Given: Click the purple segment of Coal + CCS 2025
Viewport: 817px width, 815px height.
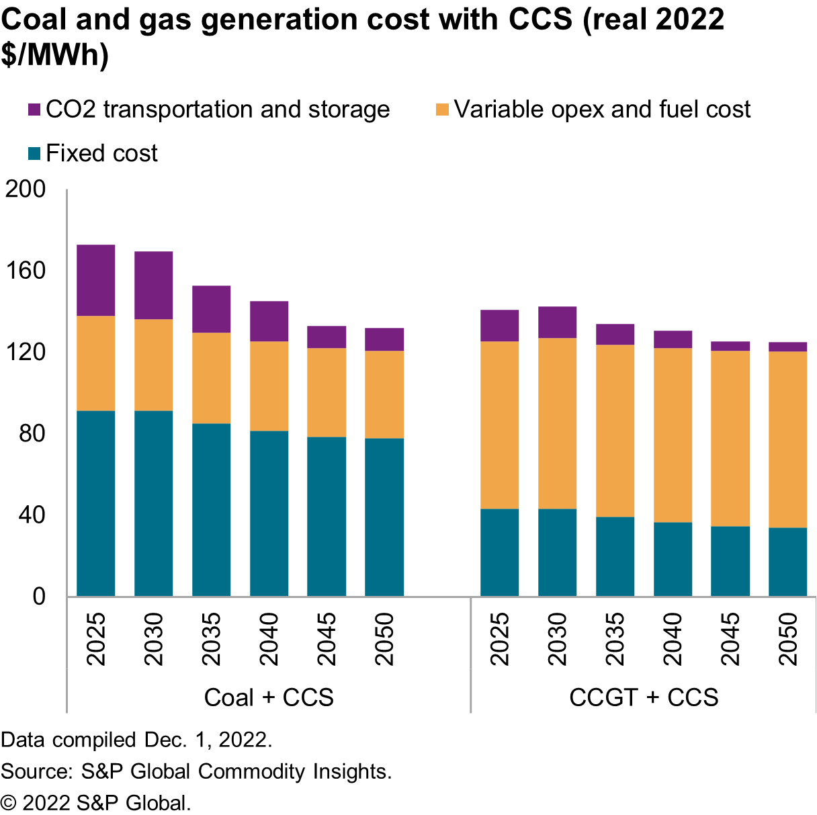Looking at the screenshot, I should [95, 280].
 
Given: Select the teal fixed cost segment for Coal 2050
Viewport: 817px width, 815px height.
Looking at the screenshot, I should [384, 517].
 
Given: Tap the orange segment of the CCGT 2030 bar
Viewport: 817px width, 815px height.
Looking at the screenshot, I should [557, 423].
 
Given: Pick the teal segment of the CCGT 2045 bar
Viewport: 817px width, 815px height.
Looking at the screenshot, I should [730, 561].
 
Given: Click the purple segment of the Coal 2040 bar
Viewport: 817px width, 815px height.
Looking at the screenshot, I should [269, 321].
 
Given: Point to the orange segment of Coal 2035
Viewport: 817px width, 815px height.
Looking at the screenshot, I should [211, 378].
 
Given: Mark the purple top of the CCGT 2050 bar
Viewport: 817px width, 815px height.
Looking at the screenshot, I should [787, 347].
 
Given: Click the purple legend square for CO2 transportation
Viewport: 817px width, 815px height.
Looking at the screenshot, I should [34, 110].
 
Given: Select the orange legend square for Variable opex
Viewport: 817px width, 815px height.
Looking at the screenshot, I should [442, 110].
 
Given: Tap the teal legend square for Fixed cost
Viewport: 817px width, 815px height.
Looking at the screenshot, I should [34, 153].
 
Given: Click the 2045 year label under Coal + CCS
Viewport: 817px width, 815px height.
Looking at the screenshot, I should [327, 638].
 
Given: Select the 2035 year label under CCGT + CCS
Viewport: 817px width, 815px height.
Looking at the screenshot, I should [615, 638].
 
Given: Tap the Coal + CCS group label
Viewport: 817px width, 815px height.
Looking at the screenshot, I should [269, 697].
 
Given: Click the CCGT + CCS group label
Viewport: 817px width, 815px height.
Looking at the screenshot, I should [644, 697].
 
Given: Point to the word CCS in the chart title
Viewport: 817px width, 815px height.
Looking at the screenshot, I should [540, 19].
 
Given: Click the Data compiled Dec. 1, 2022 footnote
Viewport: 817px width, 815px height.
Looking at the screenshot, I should [136, 740].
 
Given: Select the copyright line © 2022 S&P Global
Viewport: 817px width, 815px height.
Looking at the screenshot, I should [96, 803].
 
